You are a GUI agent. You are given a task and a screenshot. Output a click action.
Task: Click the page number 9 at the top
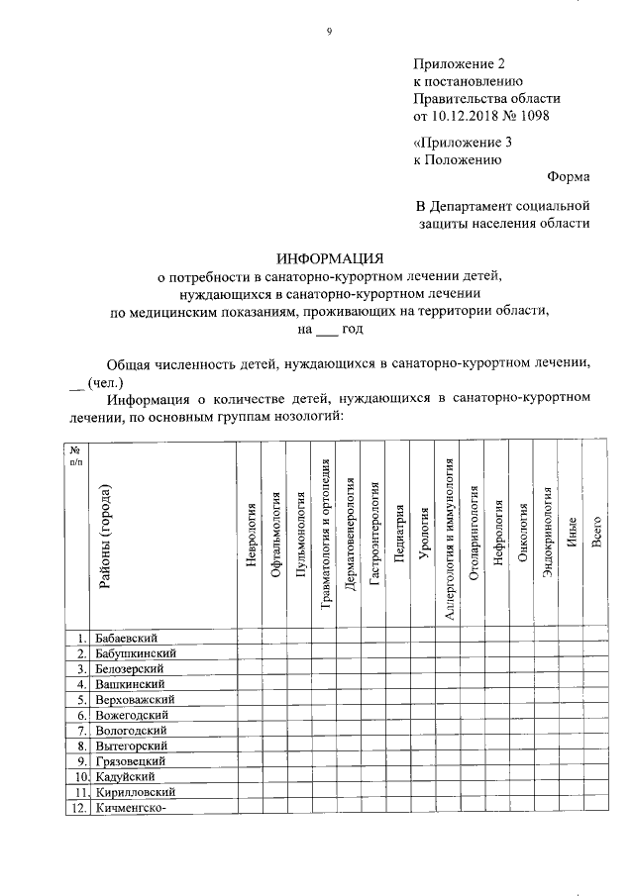[329, 32]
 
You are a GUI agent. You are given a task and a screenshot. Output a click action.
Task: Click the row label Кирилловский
[136, 792]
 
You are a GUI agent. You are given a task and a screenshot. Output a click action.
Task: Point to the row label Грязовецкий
[131, 761]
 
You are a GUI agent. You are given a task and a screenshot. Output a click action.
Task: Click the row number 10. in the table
[77, 777]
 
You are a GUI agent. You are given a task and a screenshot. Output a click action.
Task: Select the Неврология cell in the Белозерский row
[250, 668]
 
